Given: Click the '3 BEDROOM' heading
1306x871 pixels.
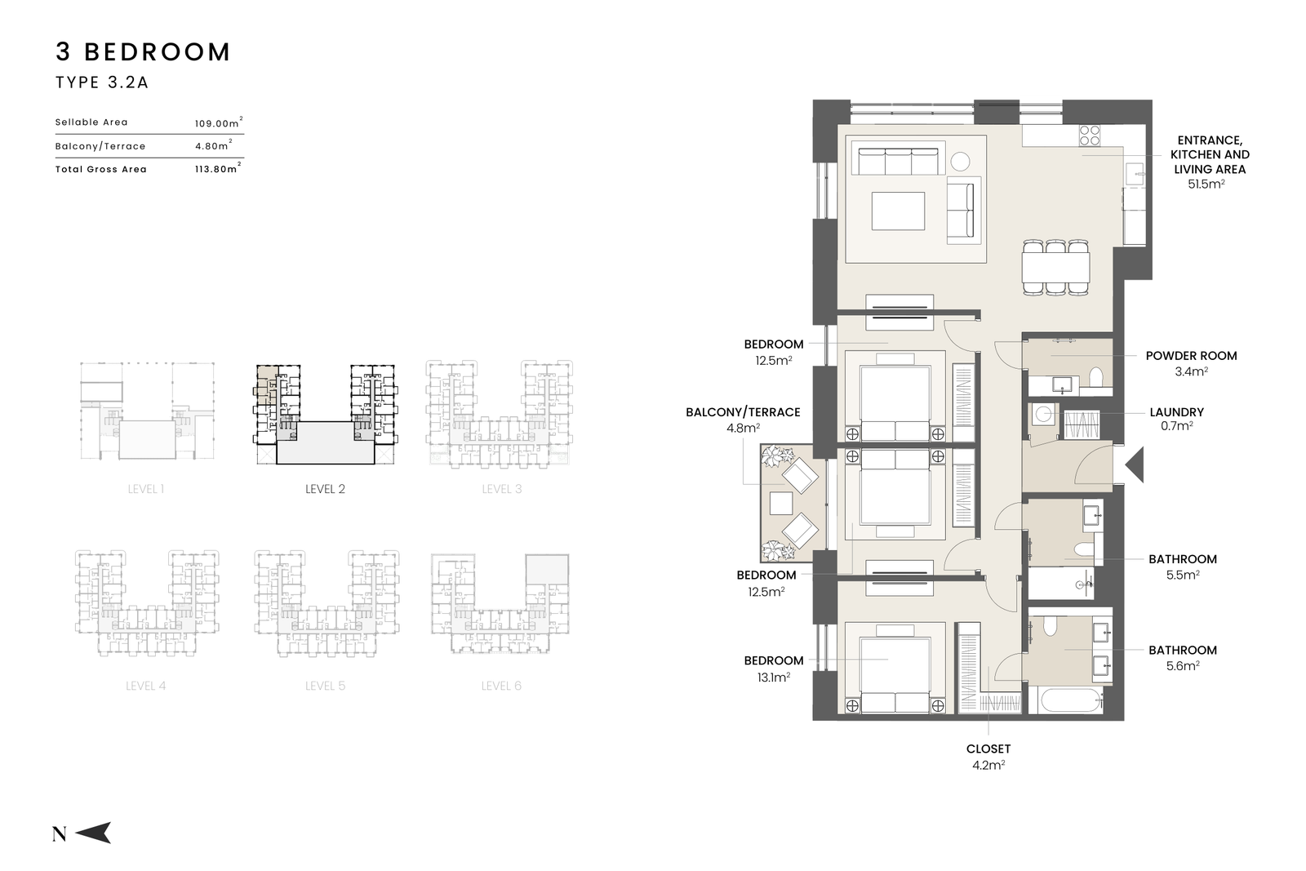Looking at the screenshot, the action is coord(143,52).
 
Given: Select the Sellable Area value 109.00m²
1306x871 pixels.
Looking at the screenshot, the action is coord(219,122).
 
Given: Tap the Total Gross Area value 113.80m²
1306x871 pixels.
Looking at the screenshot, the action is coord(218,168).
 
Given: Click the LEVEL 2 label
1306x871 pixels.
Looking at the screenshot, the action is coord(326,489).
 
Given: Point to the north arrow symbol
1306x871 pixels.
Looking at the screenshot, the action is coord(93,833).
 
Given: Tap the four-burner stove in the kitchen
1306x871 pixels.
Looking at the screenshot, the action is coord(1089,136).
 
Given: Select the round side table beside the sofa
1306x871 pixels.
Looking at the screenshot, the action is coord(960,161).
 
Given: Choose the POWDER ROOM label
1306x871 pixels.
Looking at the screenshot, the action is coord(1191,356).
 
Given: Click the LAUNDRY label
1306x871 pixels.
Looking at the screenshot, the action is coord(1176,412).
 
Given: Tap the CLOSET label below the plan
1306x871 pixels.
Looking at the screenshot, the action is coord(988,749).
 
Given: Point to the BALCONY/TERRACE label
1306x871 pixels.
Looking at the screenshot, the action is coord(743,412).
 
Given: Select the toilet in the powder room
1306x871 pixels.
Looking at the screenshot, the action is coord(1096,378).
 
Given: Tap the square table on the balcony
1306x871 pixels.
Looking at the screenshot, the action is coord(780,504).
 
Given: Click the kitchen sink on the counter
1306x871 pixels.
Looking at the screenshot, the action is coord(1135,174).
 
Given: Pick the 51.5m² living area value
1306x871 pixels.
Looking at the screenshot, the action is coord(1206,184).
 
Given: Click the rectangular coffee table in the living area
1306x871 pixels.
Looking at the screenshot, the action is coord(898,211).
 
